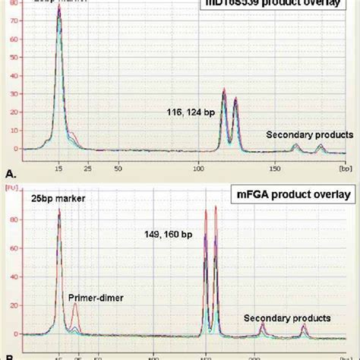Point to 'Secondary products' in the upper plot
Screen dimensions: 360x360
tap(302, 134)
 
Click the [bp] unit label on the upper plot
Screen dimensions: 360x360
tap(344, 163)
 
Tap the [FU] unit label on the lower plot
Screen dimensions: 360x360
tap(11, 185)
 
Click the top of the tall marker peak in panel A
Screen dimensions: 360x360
tap(58, 7)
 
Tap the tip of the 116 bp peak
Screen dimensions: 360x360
tap(224, 90)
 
